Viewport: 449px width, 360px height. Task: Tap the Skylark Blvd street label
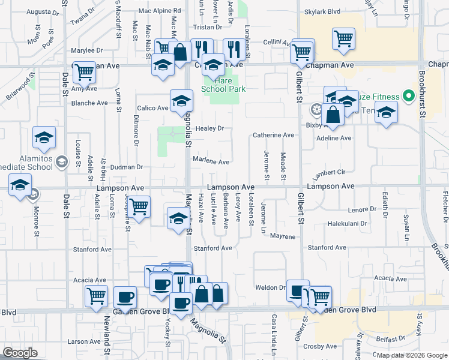pyautogui.click(x=322, y=11)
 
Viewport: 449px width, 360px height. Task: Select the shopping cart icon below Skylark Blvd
pyautogui.click(x=343, y=39)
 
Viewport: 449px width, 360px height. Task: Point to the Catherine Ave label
pyautogui.click(x=273, y=135)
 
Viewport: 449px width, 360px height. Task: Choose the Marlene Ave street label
pyautogui.click(x=211, y=162)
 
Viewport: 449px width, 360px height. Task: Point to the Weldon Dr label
pyautogui.click(x=273, y=288)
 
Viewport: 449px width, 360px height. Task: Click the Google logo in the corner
pyautogui.click(x=20, y=353)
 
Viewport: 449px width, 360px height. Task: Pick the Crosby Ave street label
pyautogui.click(x=320, y=346)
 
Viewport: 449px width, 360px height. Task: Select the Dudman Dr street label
pyautogui.click(x=127, y=167)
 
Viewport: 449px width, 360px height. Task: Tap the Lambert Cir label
pyautogui.click(x=329, y=173)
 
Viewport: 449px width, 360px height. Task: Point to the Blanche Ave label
pyautogui.click(x=89, y=103)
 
